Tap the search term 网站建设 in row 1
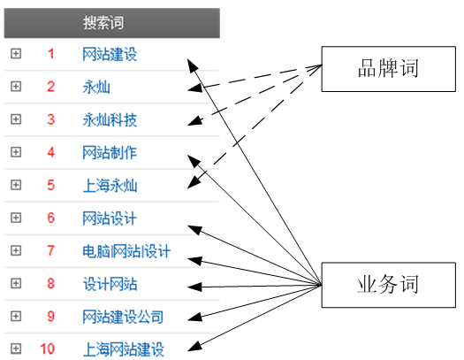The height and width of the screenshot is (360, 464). point(110,55)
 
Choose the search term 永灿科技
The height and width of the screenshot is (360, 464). point(110,120)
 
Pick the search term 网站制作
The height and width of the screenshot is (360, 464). point(110,153)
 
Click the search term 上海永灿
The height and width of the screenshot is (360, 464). point(110,186)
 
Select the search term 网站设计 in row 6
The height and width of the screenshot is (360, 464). point(110,218)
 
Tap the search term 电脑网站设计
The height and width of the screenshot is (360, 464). point(126,251)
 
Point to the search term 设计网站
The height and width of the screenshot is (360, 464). point(110,284)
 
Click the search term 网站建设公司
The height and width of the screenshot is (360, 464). point(123,317)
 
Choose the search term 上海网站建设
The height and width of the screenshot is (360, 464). point(123,349)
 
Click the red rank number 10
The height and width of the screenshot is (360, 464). point(48,349)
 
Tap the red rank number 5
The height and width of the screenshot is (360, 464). point(50,186)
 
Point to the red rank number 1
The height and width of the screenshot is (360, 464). point(50,55)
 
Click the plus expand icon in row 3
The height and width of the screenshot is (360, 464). point(15,119)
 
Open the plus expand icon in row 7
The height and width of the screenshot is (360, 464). point(15,250)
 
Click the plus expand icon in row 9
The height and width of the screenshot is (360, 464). point(15,316)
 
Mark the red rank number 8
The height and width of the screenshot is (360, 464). point(50,284)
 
